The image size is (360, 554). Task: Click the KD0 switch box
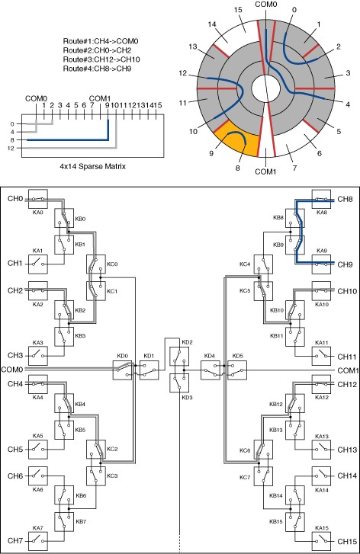point(122,370)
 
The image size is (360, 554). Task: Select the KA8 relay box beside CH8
point(321,199)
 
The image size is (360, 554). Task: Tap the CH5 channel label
point(15,450)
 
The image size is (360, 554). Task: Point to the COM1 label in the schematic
point(349,370)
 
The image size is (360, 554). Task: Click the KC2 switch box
point(96,449)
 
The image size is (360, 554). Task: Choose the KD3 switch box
point(179,383)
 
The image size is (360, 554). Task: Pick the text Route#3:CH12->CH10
point(101,59)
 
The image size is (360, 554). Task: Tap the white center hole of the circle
point(265,88)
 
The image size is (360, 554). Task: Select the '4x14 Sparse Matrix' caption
point(92,165)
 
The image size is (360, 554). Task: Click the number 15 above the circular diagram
point(238,10)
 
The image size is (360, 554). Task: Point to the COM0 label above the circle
point(265,5)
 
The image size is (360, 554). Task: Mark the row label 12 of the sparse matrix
point(11,149)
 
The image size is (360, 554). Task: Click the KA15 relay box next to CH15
point(321,540)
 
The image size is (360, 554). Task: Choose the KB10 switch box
point(295,310)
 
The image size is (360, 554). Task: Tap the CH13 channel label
point(347,450)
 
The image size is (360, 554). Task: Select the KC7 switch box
point(263,476)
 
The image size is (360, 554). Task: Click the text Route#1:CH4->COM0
point(101,41)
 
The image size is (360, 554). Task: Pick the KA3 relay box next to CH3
point(38,356)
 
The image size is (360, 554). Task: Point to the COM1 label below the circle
point(265,171)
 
